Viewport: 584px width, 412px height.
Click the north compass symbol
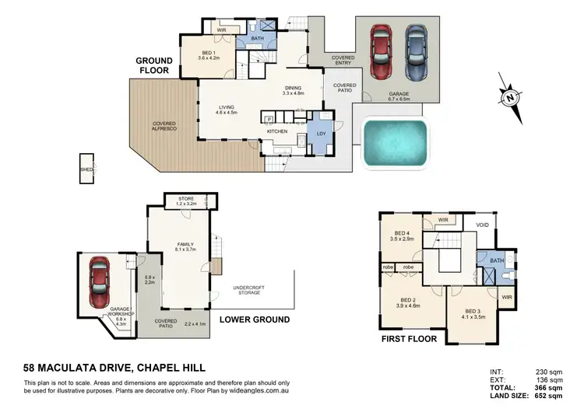(x=510, y=98)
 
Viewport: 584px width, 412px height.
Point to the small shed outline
(x=86, y=167)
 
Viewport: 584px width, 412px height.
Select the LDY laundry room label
(x=321, y=132)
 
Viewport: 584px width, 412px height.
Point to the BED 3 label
(x=473, y=314)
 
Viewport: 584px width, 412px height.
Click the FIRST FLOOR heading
(x=406, y=340)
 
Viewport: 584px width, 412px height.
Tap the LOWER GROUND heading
(x=254, y=319)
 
